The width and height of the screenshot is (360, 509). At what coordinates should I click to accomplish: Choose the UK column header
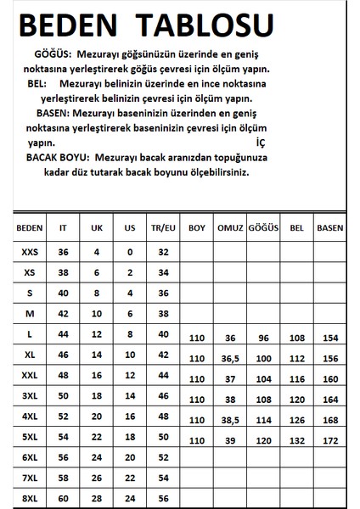pyautogui.click(x=97, y=228)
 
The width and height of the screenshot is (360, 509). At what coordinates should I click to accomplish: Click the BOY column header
pyautogui.click(x=197, y=228)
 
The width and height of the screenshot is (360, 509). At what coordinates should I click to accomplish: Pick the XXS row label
pyautogui.click(x=30, y=252)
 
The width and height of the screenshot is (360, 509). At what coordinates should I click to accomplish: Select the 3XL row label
pyautogui.click(x=30, y=394)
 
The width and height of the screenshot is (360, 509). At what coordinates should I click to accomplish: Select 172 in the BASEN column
pyautogui.click(x=329, y=441)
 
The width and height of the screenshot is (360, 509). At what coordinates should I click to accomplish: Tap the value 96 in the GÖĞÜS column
pyautogui.click(x=262, y=339)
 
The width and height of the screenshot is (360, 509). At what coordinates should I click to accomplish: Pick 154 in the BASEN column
pyautogui.click(x=329, y=339)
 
